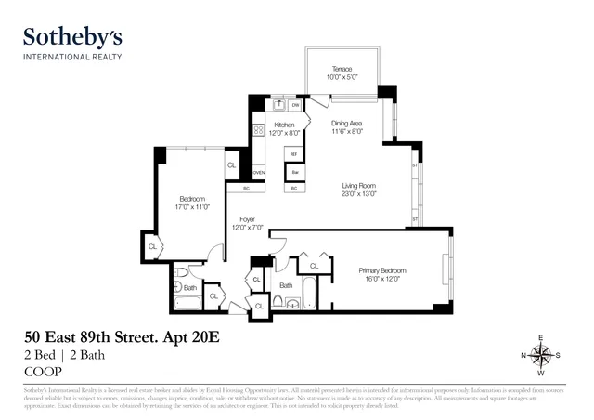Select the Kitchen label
[x=284, y=124]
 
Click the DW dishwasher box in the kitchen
[x=295, y=106]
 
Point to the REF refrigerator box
[x=293, y=154]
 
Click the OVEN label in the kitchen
[x=259, y=173]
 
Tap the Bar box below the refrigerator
[x=293, y=173]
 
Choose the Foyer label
[x=246, y=219]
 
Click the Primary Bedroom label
[x=382, y=270]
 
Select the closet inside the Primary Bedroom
[x=314, y=266]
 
